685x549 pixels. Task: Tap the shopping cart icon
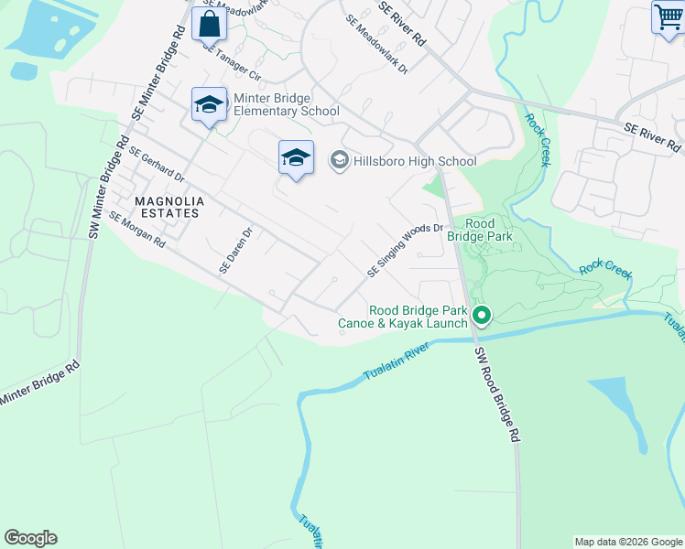[669, 17]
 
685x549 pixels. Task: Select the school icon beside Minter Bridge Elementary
[210, 105]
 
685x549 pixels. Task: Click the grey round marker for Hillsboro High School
[339, 161]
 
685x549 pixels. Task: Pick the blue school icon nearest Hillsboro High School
[296, 158]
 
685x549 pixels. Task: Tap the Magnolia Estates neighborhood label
[166, 207]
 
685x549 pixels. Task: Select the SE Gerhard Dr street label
[157, 164]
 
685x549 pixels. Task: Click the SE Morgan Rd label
[136, 230]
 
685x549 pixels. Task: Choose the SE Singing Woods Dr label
[405, 251]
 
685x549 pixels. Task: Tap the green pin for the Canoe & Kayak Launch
[482, 317]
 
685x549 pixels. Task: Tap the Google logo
[30, 538]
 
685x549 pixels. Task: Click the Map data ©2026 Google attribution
[628, 542]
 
